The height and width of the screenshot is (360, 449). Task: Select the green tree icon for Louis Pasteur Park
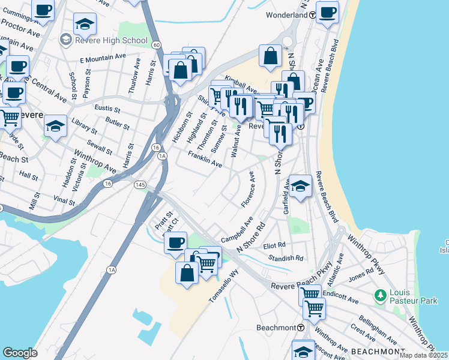[379, 295]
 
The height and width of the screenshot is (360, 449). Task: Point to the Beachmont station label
[276, 328]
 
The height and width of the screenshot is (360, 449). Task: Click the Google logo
[20, 353]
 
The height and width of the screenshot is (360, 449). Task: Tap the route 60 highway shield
[156, 45]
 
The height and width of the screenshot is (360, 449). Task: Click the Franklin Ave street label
[205, 159]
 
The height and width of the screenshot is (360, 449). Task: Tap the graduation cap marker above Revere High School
[85, 25]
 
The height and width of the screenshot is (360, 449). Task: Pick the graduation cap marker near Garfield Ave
[300, 185]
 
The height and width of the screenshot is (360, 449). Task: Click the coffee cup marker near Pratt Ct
[175, 242]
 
